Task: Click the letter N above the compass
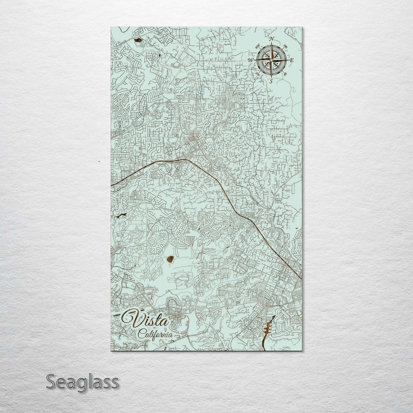click(272, 39)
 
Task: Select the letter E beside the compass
click(292, 60)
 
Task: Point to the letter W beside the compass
click(251, 60)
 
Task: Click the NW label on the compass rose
click(257, 45)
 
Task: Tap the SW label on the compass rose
click(257, 74)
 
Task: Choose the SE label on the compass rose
click(285, 74)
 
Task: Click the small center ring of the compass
click(271, 60)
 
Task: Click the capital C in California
click(141, 334)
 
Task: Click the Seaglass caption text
click(82, 382)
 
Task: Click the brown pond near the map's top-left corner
click(138, 40)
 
